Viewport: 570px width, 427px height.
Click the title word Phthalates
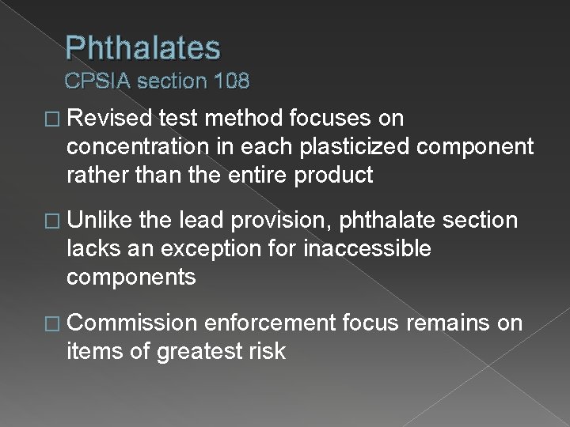tap(143, 49)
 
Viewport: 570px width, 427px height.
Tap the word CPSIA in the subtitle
tap(99, 81)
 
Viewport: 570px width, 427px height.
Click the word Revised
tap(110, 119)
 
